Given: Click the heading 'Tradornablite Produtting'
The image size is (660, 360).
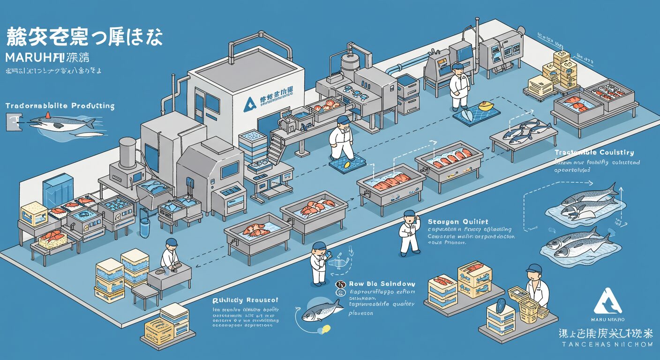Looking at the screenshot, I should [x=60, y=106].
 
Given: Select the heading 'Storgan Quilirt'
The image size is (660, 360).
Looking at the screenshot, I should [x=458, y=221].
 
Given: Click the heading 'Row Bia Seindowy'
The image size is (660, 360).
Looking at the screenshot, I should [x=382, y=284].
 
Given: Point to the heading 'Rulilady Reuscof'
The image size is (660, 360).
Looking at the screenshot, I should [x=245, y=300].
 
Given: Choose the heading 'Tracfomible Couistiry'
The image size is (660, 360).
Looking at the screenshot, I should [x=594, y=152].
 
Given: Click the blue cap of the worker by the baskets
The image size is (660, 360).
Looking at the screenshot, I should [x=533, y=269].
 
